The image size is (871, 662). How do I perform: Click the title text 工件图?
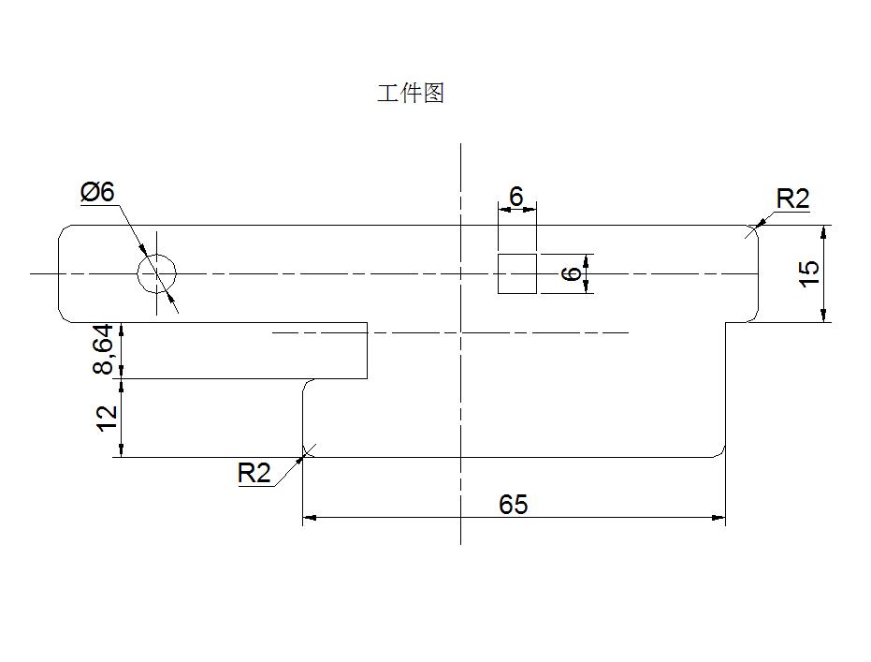point(411,94)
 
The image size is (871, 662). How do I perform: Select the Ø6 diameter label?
point(97,192)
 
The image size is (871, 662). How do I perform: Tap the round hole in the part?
point(157,273)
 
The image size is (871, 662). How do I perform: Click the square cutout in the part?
point(517,273)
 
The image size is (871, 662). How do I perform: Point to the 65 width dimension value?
point(513,505)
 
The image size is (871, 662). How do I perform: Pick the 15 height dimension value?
point(809,272)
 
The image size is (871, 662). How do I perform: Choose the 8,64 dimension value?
point(103,350)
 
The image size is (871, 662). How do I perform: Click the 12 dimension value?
point(107,418)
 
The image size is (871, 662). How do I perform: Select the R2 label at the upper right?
point(792,199)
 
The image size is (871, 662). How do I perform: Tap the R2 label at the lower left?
point(254,473)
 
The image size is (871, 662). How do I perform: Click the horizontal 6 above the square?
point(516,197)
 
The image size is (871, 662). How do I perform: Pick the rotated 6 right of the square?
point(572,273)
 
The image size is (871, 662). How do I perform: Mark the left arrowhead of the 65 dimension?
point(309,518)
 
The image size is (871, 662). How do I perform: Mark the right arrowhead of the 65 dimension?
point(719,518)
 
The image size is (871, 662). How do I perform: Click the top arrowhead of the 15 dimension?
point(824,232)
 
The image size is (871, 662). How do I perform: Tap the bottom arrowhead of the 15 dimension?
point(824,316)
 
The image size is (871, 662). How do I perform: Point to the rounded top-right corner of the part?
point(756,228)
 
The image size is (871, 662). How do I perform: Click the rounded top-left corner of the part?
point(62,228)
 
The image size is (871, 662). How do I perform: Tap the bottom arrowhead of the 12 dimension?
point(121,450)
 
